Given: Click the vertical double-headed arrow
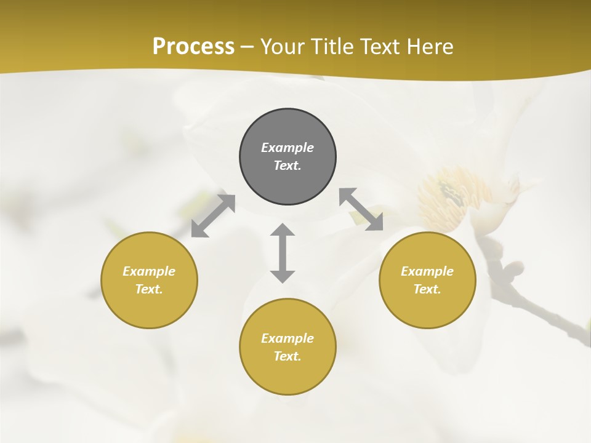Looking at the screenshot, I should (x=283, y=253).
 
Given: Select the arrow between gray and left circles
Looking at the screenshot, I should (x=213, y=216).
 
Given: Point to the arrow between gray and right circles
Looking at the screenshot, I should (x=361, y=209).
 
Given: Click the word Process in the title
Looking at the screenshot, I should (x=193, y=47).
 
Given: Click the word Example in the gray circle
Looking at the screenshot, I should (x=287, y=148).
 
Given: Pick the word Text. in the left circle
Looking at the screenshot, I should (x=149, y=289).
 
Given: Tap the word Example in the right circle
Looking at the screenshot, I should (x=427, y=271).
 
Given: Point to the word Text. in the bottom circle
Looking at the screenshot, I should (x=287, y=356).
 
